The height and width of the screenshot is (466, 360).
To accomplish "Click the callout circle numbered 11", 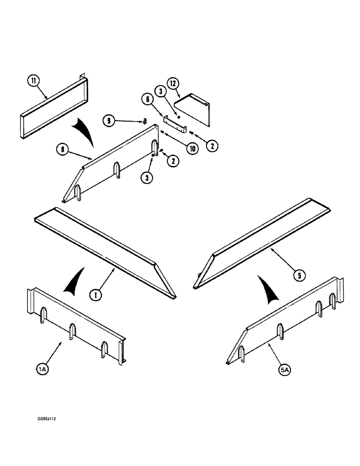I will click(x=33, y=81).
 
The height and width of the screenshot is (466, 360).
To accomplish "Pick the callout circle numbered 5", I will click(x=300, y=275).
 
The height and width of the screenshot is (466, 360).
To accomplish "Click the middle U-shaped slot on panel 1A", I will click(x=73, y=331).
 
